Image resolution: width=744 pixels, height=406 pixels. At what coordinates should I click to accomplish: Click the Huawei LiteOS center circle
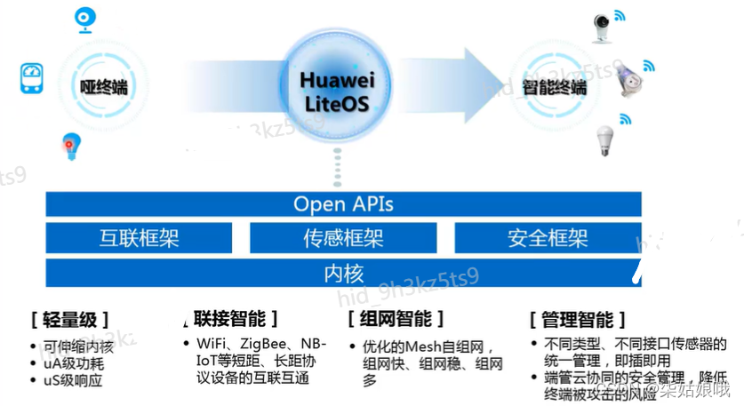click(x=337, y=92)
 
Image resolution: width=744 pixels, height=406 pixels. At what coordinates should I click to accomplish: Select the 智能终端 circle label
click(x=554, y=87)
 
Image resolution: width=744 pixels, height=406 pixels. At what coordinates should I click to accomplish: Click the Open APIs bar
click(x=343, y=204)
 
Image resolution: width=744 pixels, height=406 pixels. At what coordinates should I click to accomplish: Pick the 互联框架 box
click(x=139, y=238)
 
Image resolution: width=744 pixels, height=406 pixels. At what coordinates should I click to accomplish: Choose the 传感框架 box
click(x=343, y=238)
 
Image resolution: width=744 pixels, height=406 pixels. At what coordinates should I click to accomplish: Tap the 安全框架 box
click(x=548, y=238)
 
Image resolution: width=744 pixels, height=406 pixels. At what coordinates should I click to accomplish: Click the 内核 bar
click(x=343, y=273)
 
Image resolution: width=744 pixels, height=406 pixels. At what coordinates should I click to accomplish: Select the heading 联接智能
click(x=235, y=318)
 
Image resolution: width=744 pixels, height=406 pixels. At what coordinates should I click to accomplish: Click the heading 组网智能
click(x=396, y=319)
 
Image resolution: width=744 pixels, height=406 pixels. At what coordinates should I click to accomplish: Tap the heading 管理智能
click(x=577, y=319)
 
